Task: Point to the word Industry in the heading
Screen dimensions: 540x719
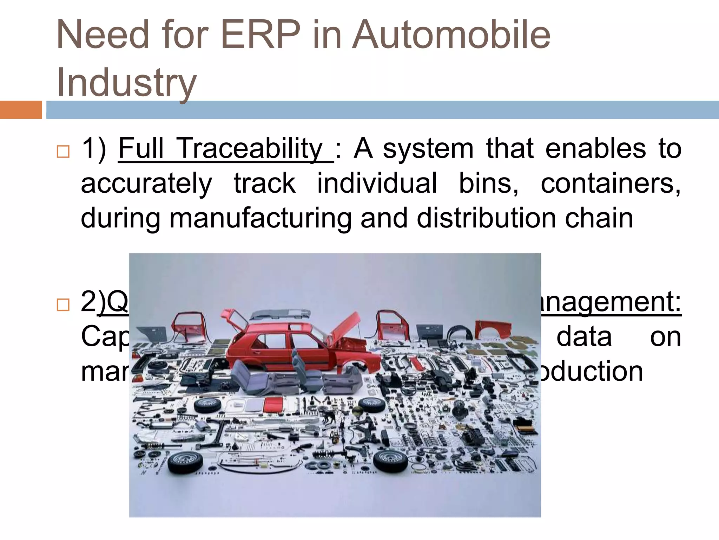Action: [x=126, y=83]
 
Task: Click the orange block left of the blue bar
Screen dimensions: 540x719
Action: [x=21, y=110]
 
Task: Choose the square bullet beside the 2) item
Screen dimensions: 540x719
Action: [x=63, y=304]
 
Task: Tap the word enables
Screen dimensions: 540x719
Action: [x=595, y=149]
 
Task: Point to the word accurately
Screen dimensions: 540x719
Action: [x=146, y=184]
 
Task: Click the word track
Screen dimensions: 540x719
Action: [x=265, y=183]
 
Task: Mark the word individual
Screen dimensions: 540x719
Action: [x=377, y=183]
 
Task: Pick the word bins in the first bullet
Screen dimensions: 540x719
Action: [x=488, y=183]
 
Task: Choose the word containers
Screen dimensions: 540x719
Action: [x=610, y=184]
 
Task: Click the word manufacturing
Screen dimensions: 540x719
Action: [x=260, y=218]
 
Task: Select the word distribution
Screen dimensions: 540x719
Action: [x=486, y=218]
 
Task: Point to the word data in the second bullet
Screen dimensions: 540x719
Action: [x=584, y=336]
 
